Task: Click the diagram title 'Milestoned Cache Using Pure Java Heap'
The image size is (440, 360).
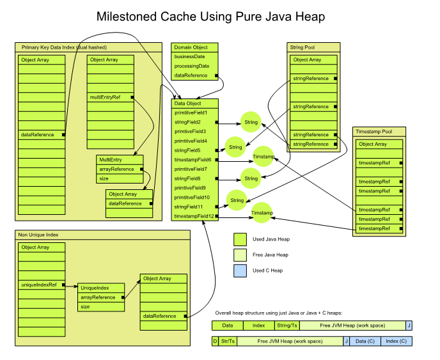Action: point(219,17)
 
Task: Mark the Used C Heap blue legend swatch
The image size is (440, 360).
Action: point(240,270)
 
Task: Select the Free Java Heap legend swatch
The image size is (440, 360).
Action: point(240,254)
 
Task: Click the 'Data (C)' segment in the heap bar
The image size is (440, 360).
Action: point(365,341)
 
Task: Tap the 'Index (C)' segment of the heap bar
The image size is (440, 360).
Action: point(397,341)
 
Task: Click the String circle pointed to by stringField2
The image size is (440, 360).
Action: point(251,121)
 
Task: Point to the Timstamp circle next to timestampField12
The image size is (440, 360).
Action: point(262,212)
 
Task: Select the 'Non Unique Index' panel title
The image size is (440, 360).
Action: point(40,235)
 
